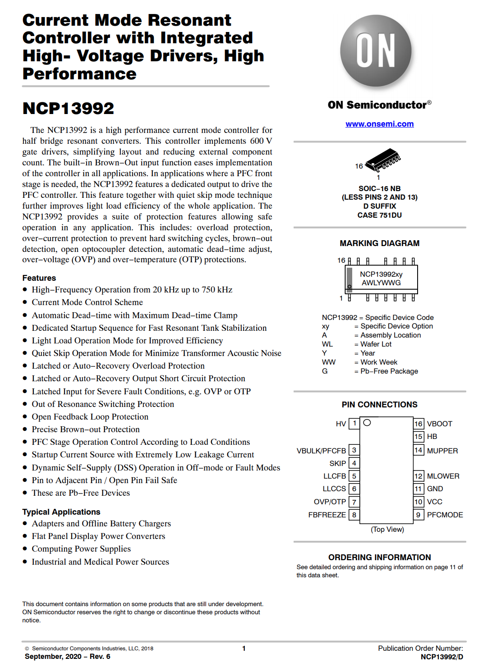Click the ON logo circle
(x=376, y=50)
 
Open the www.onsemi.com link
(x=379, y=124)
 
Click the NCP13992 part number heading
(x=69, y=109)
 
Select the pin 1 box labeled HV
(x=354, y=423)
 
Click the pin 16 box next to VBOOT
(x=419, y=424)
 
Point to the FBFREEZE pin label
(x=327, y=515)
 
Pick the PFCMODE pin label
(x=445, y=515)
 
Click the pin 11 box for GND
(x=419, y=489)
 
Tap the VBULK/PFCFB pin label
(x=321, y=451)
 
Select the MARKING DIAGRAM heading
(x=379, y=243)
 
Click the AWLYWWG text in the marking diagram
(x=381, y=283)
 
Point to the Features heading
(x=39, y=278)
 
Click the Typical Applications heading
(x=61, y=512)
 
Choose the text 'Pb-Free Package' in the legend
(x=389, y=371)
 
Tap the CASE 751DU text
(x=379, y=215)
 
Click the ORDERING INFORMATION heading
(x=379, y=557)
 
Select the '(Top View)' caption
(x=387, y=529)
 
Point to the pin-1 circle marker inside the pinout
(x=367, y=423)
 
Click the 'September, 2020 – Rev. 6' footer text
(x=68, y=657)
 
